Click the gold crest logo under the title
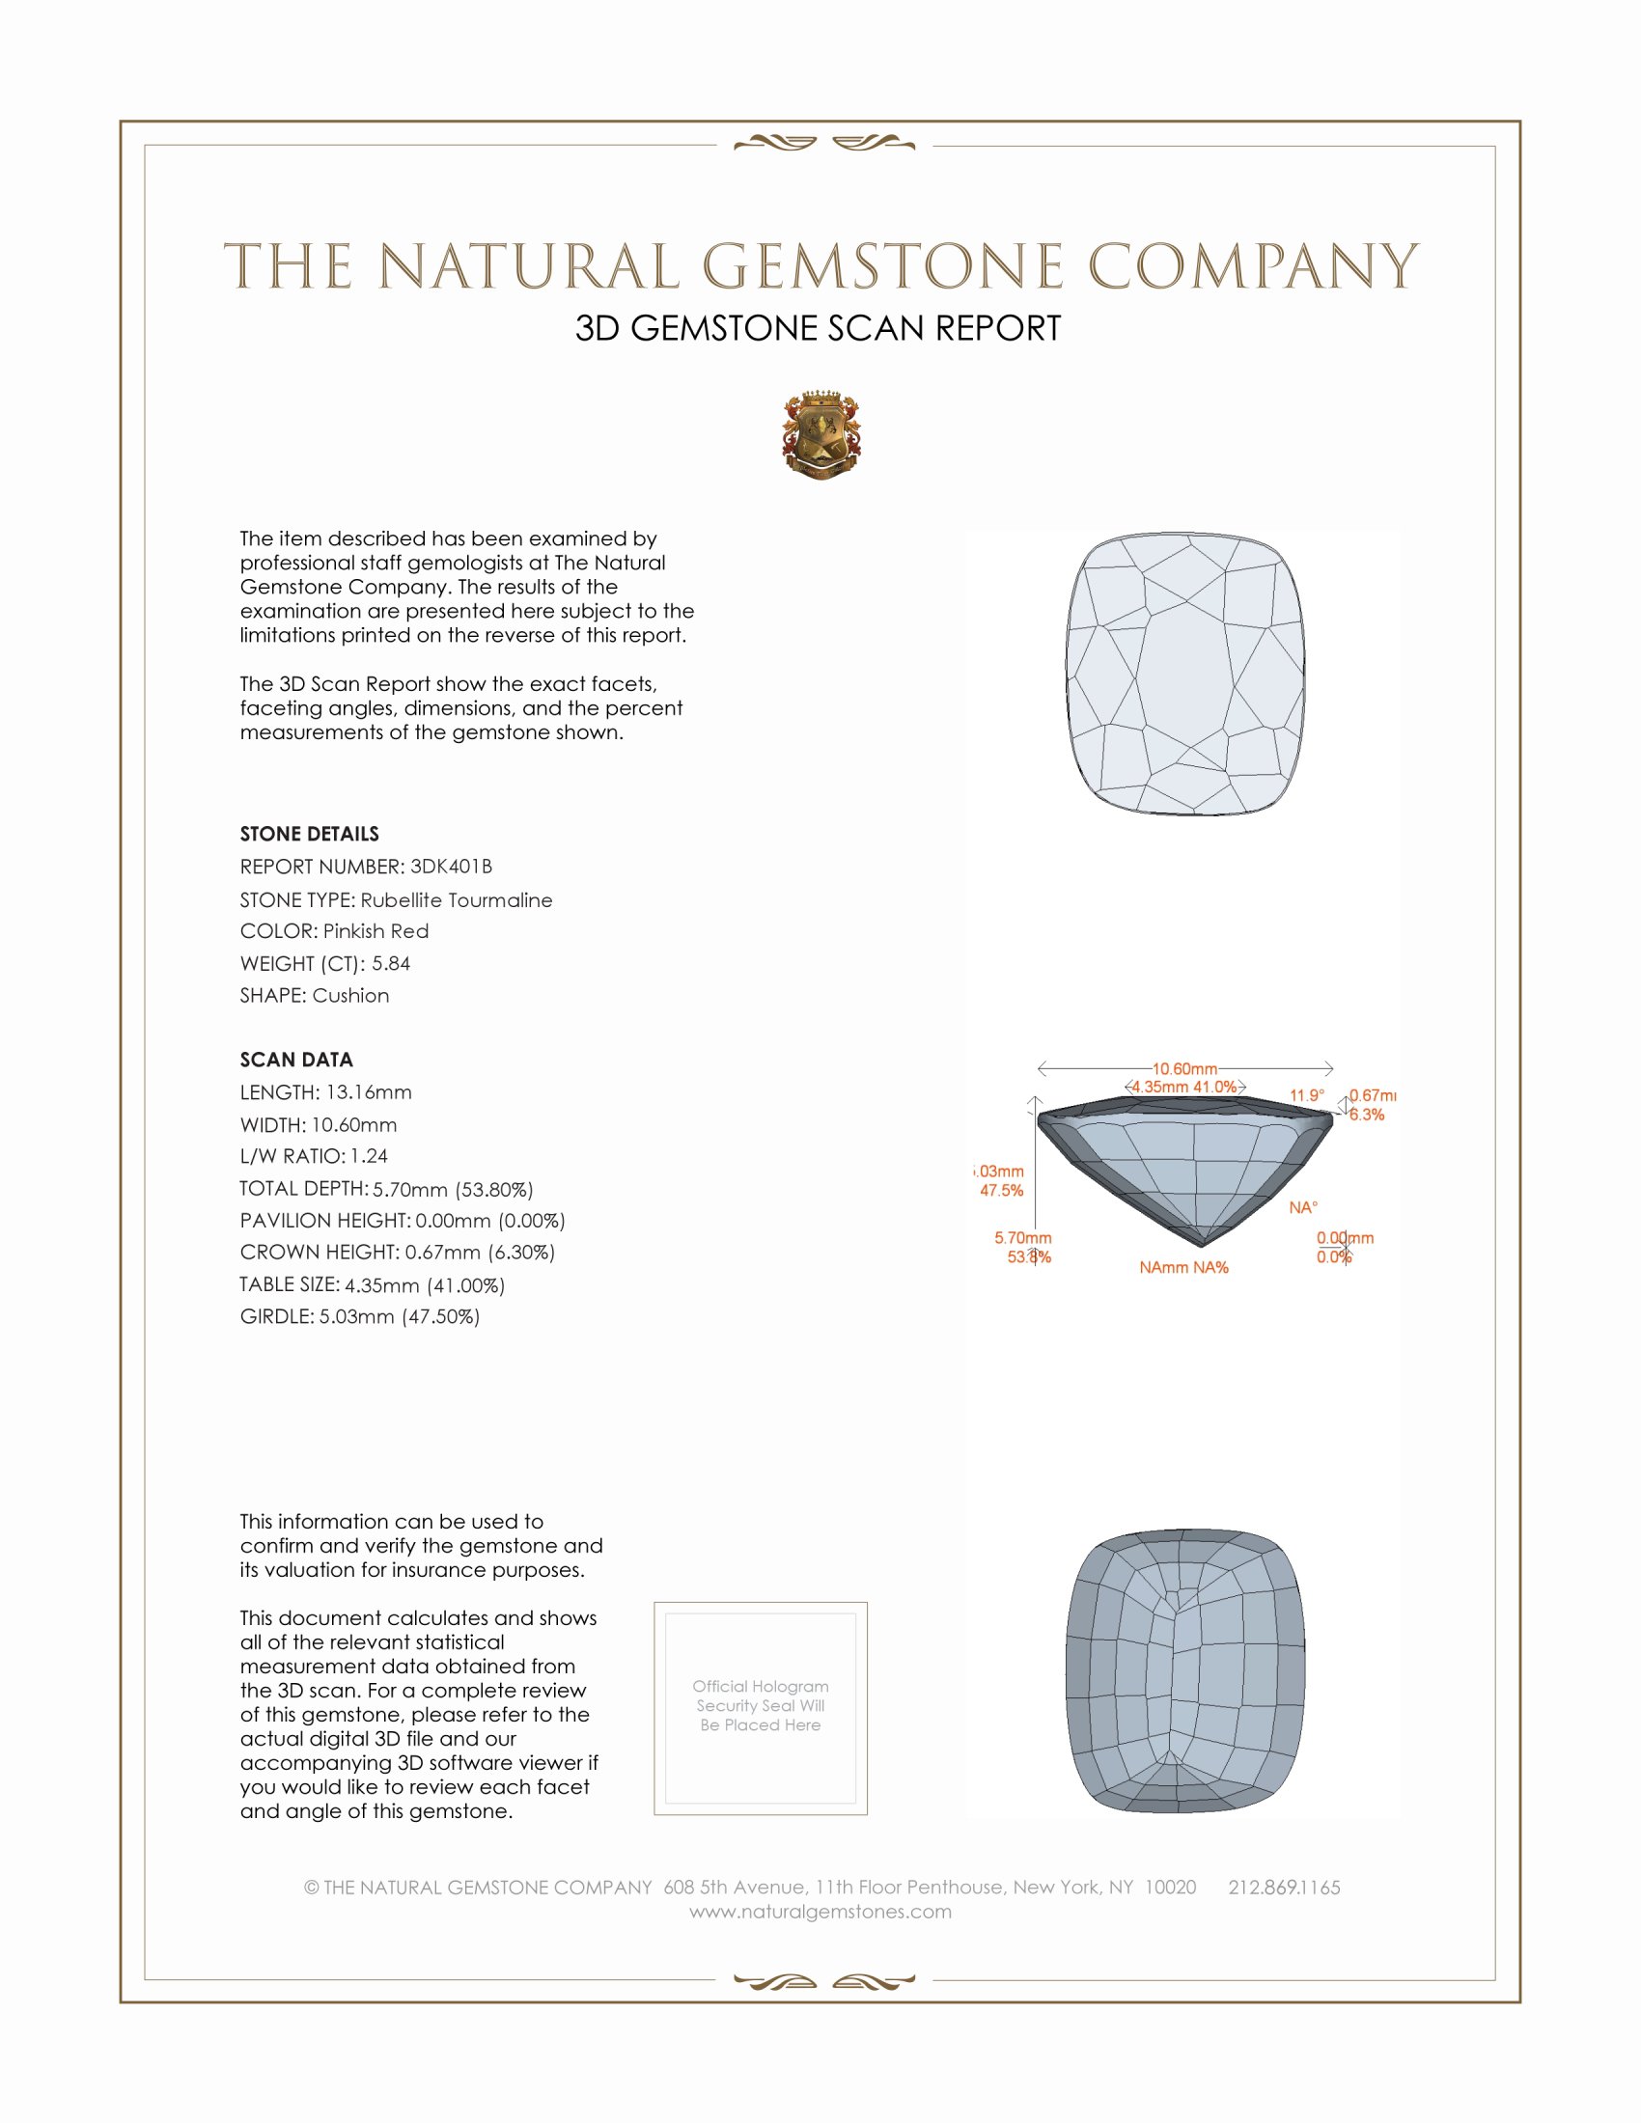820,435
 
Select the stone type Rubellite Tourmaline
456,900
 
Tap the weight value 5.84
391,963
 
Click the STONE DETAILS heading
309,834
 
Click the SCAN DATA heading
296,1060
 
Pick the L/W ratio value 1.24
369,1156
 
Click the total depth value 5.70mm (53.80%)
453,1189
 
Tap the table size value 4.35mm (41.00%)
425,1285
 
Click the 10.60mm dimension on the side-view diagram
1184,1069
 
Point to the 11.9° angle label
1307,1095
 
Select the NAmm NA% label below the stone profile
1183,1268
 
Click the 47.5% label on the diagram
1001,1191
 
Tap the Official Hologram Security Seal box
761,1708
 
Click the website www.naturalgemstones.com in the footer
820,1912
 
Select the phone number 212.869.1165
1283,1888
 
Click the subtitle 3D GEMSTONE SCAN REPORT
818,328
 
